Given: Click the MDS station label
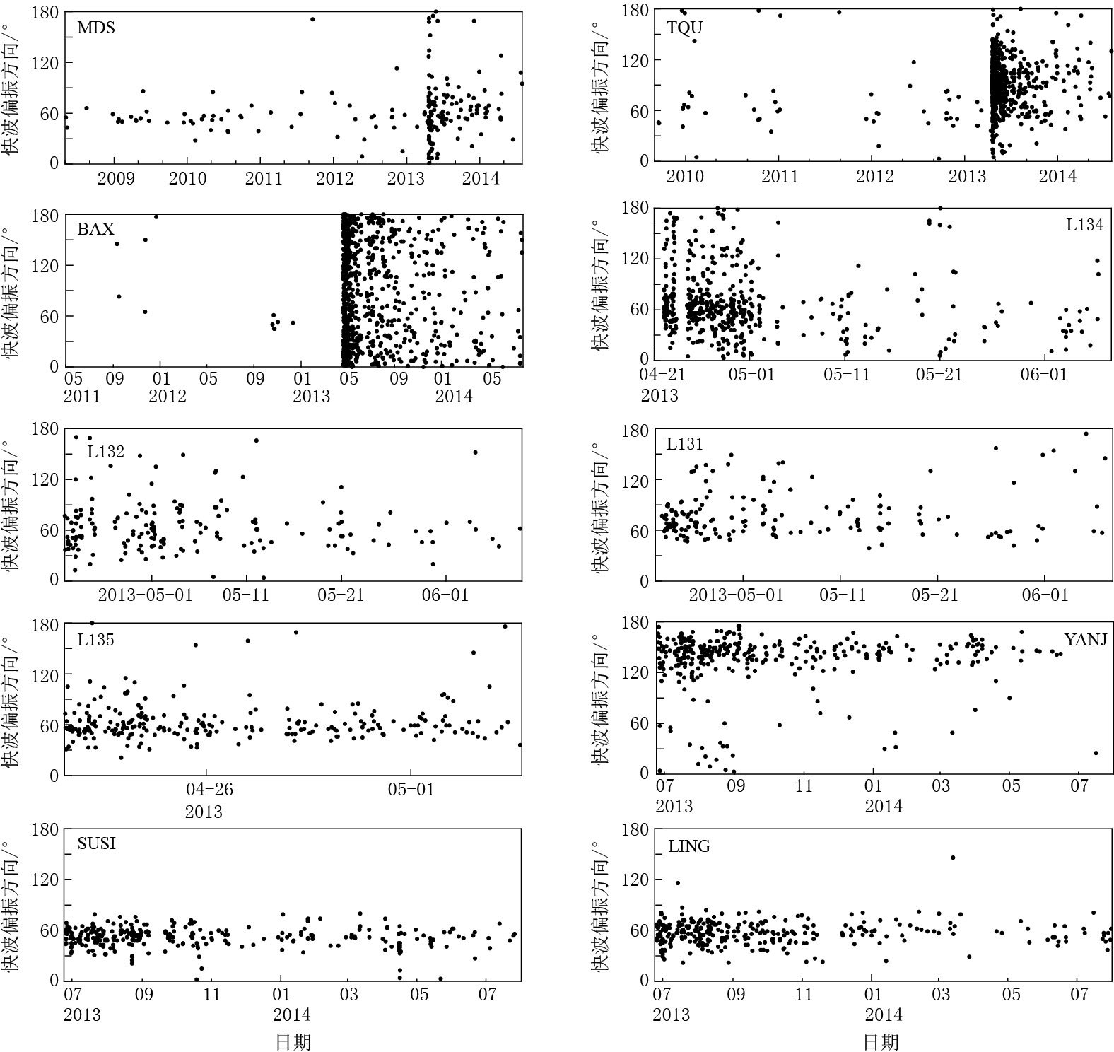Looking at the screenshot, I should click(x=96, y=28).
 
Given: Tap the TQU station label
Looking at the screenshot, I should click(x=685, y=28).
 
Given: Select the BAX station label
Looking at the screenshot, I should click(x=95, y=229).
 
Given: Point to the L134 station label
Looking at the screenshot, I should click(x=1084, y=226).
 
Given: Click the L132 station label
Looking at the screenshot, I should click(x=106, y=451).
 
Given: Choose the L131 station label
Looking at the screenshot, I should click(x=685, y=444).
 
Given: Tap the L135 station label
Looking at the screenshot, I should click(x=95, y=641).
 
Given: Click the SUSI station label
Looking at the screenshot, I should click(x=97, y=843).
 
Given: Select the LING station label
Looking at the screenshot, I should click(x=689, y=846).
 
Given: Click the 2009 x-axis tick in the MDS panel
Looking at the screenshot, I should click(x=116, y=177).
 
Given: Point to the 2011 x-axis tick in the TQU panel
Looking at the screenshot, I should click(x=779, y=175).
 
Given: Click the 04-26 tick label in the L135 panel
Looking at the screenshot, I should click(x=205, y=789).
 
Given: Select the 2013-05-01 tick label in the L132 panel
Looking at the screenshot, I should click(x=145, y=594).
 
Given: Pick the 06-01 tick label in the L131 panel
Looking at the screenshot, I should click(x=1044, y=594).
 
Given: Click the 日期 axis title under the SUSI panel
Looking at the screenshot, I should click(x=293, y=1041).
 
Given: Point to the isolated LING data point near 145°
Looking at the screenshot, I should click(x=953, y=858).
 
